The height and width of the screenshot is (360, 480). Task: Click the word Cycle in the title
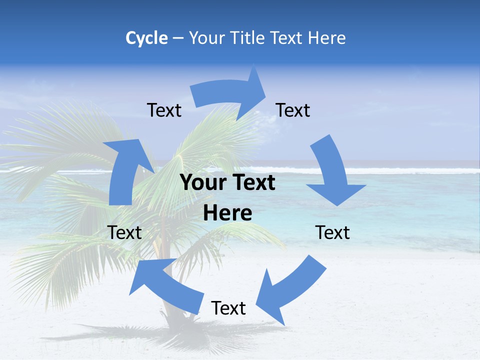[146, 38]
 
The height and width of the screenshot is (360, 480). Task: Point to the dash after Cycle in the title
[178, 38]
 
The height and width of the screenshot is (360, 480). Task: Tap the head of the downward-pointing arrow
[336, 193]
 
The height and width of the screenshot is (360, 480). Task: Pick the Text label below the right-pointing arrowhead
[293, 110]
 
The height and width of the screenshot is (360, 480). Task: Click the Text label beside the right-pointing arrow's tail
[164, 110]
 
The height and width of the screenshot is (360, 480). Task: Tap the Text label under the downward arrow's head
[332, 232]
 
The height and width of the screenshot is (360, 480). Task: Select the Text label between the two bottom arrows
[228, 308]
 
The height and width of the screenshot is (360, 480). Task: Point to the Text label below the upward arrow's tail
[124, 232]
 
